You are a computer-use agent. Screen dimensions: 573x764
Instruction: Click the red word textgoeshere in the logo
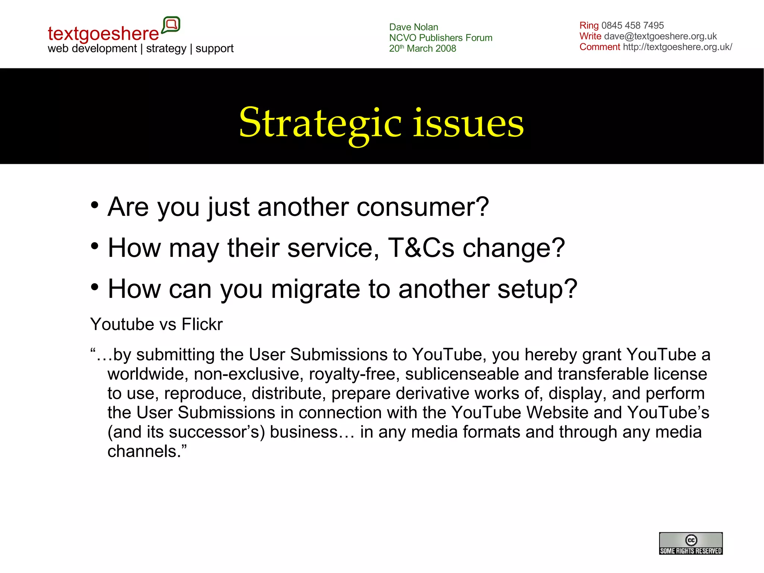(103, 34)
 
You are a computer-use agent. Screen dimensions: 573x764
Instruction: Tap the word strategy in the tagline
(166, 49)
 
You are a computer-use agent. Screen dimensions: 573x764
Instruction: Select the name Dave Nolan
(413, 27)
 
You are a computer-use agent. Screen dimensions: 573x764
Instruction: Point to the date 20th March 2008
(422, 49)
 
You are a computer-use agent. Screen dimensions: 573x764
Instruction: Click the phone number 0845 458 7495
(632, 25)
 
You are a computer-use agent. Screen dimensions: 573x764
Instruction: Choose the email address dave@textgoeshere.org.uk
(660, 36)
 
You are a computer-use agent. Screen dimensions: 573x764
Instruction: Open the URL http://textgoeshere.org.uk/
(677, 47)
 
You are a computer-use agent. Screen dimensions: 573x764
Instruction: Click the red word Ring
(589, 25)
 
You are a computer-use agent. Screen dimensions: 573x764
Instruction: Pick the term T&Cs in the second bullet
(421, 248)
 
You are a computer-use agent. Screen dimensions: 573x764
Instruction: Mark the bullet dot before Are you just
(95, 205)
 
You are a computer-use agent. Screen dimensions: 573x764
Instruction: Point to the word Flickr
(202, 324)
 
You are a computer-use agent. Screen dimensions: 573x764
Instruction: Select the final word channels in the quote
(143, 451)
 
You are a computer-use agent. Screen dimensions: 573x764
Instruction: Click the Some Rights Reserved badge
(691, 544)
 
